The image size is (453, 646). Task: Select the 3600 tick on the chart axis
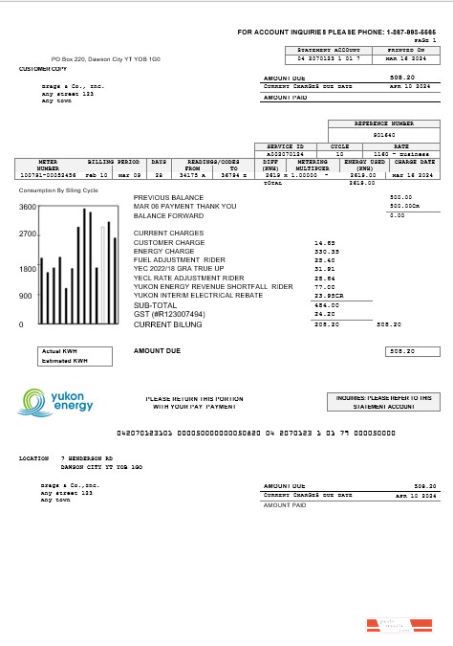(x=28, y=207)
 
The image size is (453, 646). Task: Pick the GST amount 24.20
(x=325, y=314)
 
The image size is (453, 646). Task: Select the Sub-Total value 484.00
(x=326, y=305)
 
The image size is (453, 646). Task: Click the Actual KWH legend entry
(x=58, y=351)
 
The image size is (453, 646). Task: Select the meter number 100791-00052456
(x=47, y=176)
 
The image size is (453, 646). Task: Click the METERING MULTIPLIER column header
(x=312, y=165)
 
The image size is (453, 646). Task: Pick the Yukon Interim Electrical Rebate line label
(x=200, y=296)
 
